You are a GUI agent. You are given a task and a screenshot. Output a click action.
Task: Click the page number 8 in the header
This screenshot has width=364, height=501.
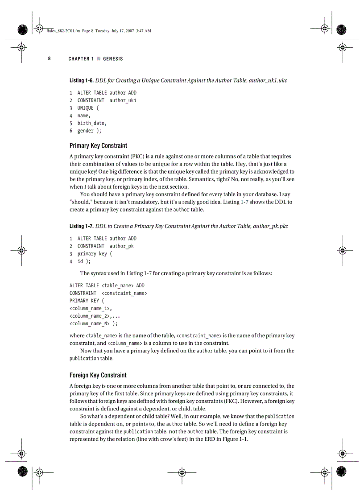click(x=50, y=58)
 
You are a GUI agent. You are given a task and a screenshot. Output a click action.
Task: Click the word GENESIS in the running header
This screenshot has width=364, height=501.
click(x=113, y=59)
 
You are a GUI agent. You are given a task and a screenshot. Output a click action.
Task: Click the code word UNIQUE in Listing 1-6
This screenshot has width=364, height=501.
click(x=86, y=108)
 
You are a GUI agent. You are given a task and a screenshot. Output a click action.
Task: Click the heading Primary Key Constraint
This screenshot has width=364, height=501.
click(x=98, y=145)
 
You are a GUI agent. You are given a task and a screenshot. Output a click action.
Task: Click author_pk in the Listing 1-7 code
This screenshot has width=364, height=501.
click(x=121, y=246)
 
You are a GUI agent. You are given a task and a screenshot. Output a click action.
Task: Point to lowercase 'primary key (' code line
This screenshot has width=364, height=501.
click(x=95, y=254)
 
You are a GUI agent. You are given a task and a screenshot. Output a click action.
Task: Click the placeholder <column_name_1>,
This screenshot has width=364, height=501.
click(x=91, y=308)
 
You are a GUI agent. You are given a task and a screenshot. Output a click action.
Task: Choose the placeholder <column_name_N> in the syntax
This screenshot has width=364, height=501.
click(x=90, y=323)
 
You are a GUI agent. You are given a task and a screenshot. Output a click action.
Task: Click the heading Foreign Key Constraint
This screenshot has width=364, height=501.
click(x=98, y=375)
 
